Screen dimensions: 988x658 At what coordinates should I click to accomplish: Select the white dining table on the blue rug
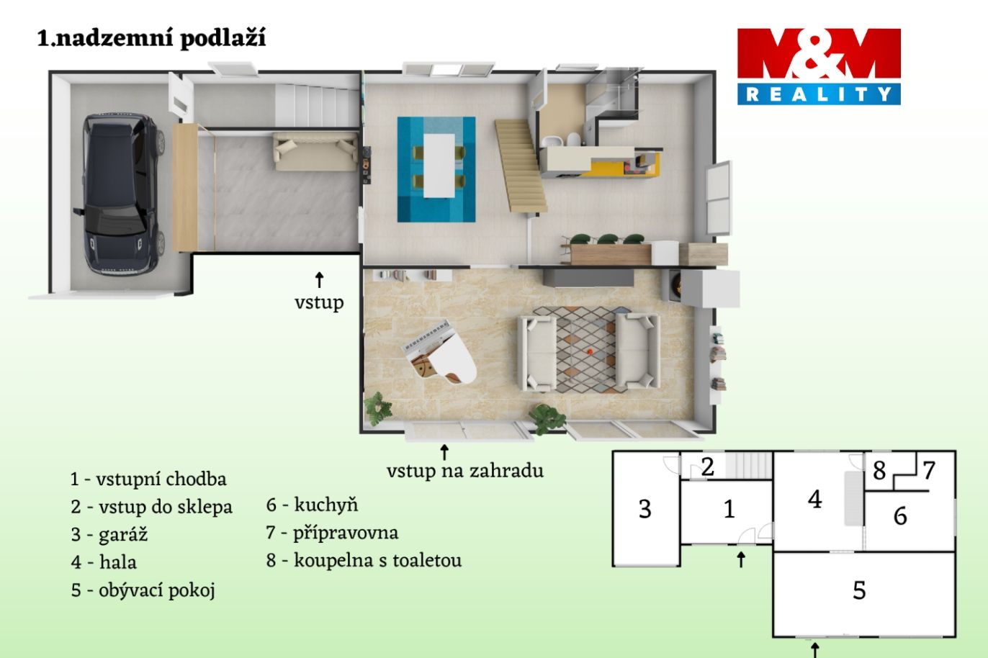pos(439,166)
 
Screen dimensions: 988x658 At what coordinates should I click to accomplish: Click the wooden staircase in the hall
pos(521,166)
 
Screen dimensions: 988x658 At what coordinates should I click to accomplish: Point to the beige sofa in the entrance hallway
pos(315,151)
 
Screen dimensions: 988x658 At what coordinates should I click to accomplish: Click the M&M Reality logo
pos(819,67)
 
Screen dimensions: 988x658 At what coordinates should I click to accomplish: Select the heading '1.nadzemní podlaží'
pos(151,38)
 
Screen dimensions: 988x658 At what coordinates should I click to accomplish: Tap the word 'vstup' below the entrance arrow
pos(319,303)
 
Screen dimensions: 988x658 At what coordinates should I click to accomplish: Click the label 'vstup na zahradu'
pos(465,471)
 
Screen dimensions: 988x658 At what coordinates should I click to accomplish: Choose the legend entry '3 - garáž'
pos(109,534)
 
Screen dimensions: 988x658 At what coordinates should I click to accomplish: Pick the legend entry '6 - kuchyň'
pos(312,505)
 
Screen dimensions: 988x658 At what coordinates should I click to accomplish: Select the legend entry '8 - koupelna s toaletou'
pos(364,560)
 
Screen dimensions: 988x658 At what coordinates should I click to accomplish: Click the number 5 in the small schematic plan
pos(859,590)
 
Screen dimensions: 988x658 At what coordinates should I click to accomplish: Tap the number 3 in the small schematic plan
pos(645,509)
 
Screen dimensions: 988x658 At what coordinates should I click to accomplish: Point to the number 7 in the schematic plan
pos(929,471)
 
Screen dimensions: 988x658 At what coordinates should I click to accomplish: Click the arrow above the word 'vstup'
pos(319,279)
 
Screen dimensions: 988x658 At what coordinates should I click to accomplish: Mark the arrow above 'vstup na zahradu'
pos(444,452)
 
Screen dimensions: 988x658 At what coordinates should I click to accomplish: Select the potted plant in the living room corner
pos(377,408)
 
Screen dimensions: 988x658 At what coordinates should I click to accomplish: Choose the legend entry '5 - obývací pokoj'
pos(143,590)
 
